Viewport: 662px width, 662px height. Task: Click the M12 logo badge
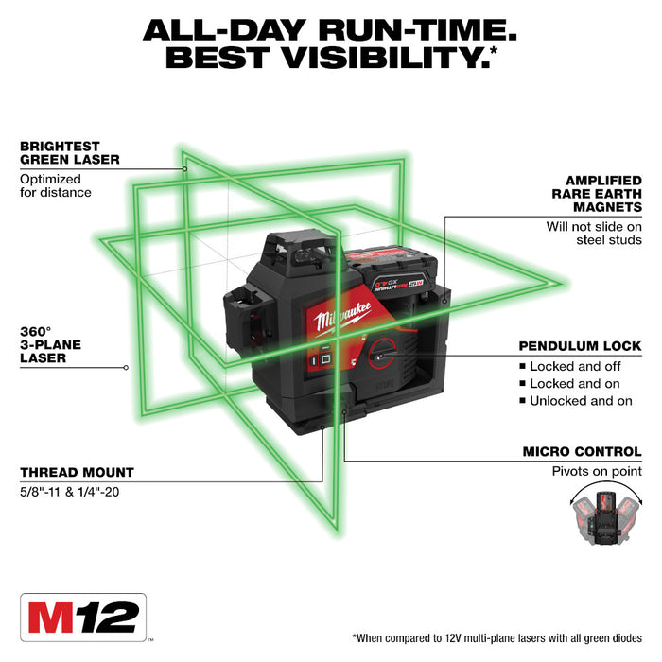tap(82, 619)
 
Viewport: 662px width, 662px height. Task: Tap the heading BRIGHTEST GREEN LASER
tap(70, 153)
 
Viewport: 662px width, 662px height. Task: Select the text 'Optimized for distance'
tap(56, 185)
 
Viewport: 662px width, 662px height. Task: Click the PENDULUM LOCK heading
tap(580, 346)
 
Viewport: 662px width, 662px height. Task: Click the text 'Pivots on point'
tap(597, 471)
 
